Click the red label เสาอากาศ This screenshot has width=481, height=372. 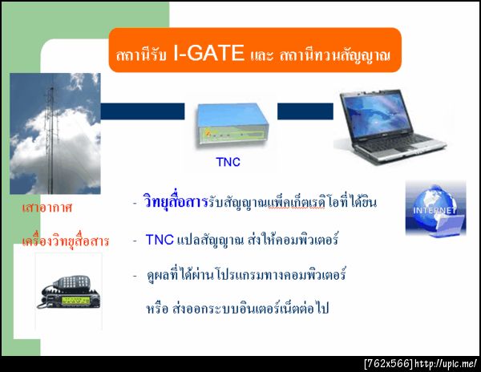coord(47,208)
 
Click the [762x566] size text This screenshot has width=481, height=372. coord(388,364)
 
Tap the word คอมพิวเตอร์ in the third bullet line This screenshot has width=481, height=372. coord(313,275)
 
